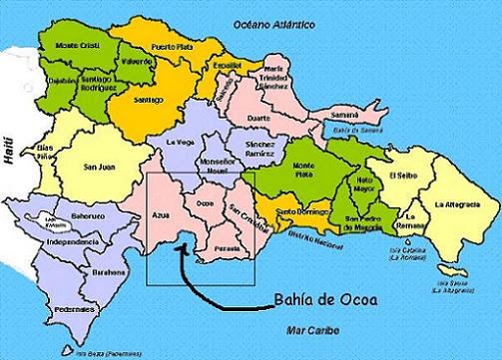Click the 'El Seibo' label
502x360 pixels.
401,176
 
